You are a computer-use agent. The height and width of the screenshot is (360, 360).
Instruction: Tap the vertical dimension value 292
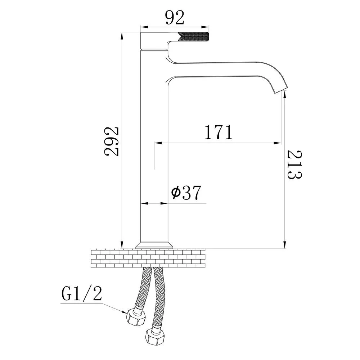112,141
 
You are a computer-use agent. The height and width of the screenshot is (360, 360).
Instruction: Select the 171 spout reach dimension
219,132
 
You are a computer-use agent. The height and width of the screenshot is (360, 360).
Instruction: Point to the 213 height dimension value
294,165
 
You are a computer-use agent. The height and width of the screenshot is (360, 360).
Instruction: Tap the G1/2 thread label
82,294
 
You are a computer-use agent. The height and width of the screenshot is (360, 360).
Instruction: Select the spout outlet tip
281,89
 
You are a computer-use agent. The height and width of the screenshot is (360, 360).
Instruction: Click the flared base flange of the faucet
154,246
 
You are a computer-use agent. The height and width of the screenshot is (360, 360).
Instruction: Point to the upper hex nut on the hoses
136,317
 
